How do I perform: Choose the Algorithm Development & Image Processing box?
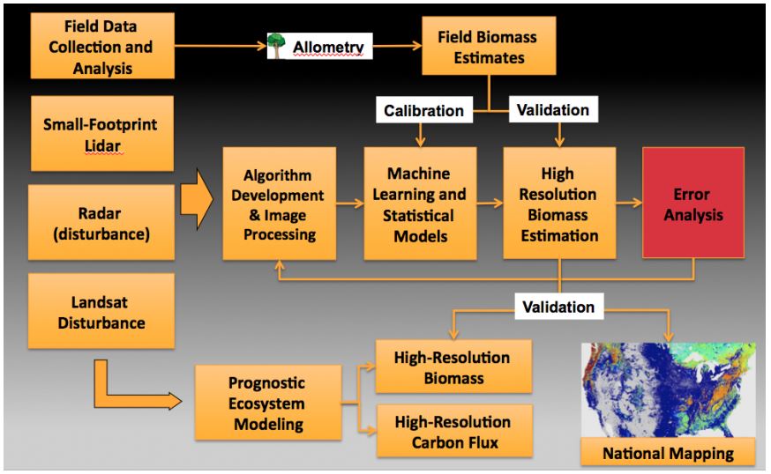[280, 203]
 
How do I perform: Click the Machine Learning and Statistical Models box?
[420, 203]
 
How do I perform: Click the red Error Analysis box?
[692, 203]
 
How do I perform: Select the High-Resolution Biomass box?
[453, 367]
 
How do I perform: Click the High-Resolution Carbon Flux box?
[453, 431]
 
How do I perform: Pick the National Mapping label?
[670, 455]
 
